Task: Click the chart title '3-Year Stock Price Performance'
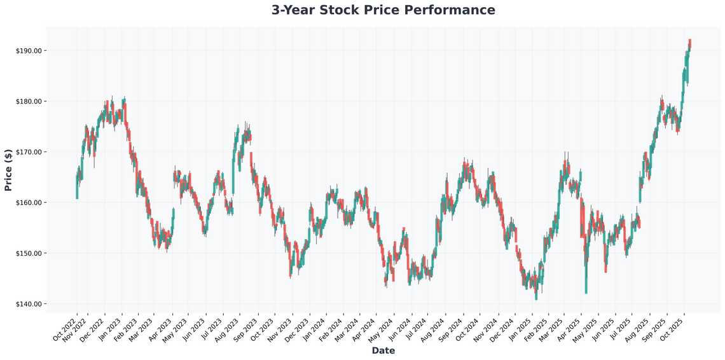tap(383, 10)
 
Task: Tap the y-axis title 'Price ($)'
tap(8, 170)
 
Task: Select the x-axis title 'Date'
tap(383, 350)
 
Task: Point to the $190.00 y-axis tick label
tap(29, 51)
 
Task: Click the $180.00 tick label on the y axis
tap(29, 102)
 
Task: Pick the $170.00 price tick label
tap(29, 152)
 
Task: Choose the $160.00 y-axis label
tap(29, 203)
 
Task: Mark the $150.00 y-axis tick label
tap(29, 254)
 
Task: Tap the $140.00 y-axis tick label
tap(29, 304)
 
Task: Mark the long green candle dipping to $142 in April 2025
tap(586, 270)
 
